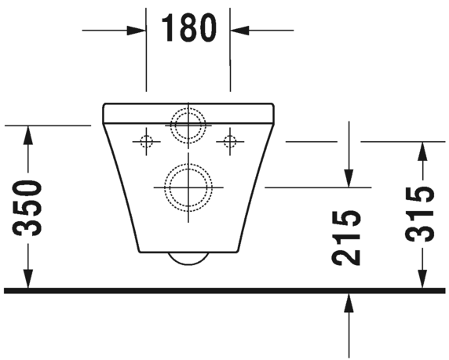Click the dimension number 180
point(188,28)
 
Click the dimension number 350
point(29,208)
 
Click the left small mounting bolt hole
point(145,141)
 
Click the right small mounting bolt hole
point(230,141)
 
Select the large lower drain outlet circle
point(188,187)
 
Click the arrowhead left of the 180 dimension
point(138,30)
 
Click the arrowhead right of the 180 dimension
point(238,30)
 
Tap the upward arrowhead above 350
point(29,135)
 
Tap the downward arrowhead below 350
point(29,279)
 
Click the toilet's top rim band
point(188,112)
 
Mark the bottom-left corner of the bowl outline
point(141,251)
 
